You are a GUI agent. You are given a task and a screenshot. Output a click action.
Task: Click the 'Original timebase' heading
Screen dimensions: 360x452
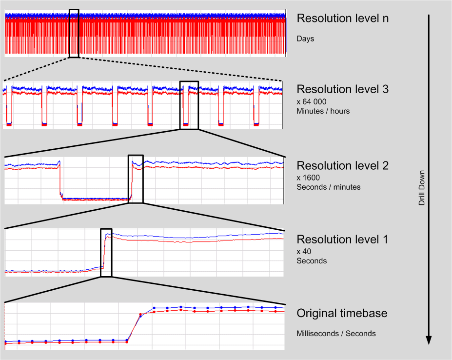[342, 313]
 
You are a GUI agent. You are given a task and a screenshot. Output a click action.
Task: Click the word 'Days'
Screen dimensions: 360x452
[305, 39]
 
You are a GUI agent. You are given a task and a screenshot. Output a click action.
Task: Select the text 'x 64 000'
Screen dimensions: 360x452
[312, 101]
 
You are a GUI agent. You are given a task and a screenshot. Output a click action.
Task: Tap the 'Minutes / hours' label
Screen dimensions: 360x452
[323, 111]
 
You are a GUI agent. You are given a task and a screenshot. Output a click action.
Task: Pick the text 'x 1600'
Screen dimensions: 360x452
[309, 177]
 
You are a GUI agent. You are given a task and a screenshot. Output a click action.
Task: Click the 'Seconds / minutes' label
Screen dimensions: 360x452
[329, 187]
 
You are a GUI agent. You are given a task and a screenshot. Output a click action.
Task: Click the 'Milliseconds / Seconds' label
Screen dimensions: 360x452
[336, 334]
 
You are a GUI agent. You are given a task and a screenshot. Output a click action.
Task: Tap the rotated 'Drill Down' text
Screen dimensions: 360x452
[422, 187]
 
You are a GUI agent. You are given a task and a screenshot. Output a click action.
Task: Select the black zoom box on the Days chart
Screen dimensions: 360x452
[74, 33]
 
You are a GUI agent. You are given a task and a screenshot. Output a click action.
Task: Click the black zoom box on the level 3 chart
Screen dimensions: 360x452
[189, 105]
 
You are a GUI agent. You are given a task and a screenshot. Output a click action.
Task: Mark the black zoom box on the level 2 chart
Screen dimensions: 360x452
[136, 179]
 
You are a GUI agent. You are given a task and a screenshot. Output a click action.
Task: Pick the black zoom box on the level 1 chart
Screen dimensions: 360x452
[106, 253]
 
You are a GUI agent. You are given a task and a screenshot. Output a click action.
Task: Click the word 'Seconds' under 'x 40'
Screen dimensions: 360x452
[312, 261]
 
